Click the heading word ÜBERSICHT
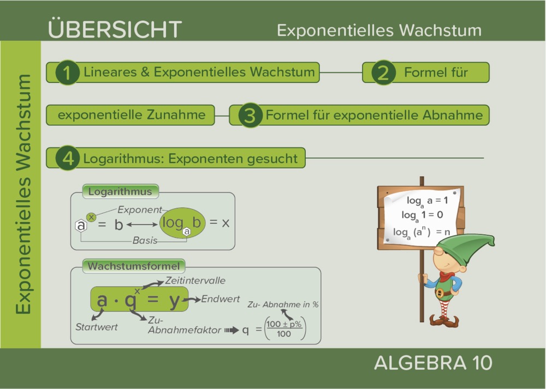pos(115,28)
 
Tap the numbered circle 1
pos(67,73)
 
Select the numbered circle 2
pos(383,73)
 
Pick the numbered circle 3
pos(250,115)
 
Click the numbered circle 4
pos(68,158)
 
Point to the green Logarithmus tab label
pos(120,191)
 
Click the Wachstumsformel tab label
pos(133,267)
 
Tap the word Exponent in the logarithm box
pos(140,210)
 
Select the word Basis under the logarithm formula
pos(145,240)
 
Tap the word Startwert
pos(97,327)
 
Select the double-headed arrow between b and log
pos(142,224)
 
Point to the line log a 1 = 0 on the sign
pos(422,214)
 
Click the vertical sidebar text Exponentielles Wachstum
pos(23,194)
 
